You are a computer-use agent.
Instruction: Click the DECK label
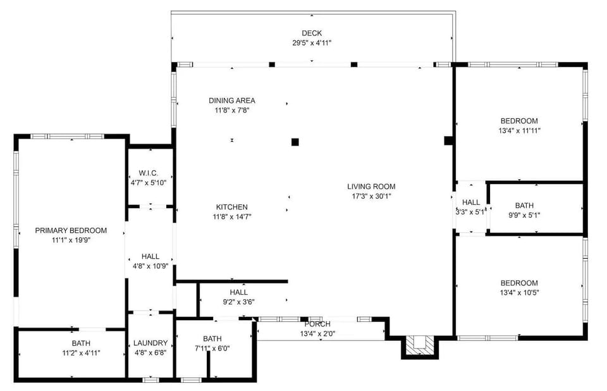pos(312,34)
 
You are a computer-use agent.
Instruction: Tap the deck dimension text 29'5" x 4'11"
pos(312,43)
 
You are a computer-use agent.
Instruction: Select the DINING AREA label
pos(232,101)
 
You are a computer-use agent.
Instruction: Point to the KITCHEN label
pos(232,207)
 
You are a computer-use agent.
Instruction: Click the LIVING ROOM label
pos(371,187)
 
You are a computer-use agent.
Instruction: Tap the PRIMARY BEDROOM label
pos(71,230)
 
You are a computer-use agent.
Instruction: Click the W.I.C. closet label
pos(148,173)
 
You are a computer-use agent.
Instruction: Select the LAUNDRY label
pos(150,343)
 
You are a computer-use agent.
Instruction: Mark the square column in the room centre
pos(295,142)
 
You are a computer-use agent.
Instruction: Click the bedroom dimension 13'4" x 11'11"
pos(519,131)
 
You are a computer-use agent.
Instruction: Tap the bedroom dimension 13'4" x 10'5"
pos(519,292)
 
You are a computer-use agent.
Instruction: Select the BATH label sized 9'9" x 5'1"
pos(524,206)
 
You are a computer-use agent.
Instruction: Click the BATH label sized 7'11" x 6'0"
pos(212,338)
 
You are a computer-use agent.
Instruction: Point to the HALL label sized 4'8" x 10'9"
pos(150,256)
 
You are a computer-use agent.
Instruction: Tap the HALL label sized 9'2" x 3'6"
pos(239,292)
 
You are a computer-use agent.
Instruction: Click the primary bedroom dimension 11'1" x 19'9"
pos(71,240)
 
